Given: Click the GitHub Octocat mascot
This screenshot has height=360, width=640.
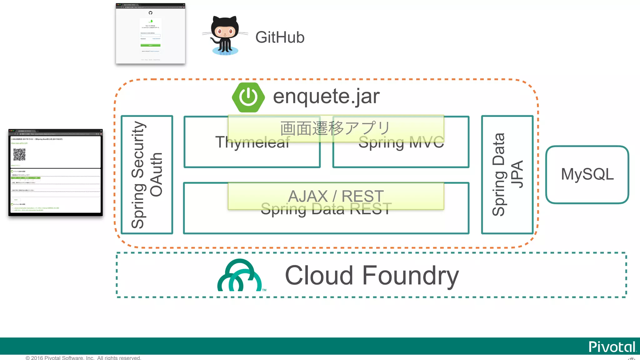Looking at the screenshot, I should pyautogui.click(x=225, y=35).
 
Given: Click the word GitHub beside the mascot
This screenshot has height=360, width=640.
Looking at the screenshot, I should pyautogui.click(x=280, y=37).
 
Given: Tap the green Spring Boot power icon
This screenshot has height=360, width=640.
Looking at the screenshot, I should pyautogui.click(x=248, y=97).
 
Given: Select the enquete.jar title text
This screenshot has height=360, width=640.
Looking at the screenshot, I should pyautogui.click(x=326, y=96).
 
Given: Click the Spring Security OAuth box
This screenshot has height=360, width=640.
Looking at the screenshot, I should pyautogui.click(x=147, y=175).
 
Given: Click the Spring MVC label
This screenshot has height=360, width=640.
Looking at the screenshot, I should pyautogui.click(x=401, y=142).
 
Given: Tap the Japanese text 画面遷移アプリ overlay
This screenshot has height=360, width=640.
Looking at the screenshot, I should pyautogui.click(x=336, y=128).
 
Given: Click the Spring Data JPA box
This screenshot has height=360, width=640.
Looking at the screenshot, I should pyautogui.click(x=507, y=175).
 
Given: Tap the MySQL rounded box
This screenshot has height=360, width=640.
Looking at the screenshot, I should pyautogui.click(x=587, y=174).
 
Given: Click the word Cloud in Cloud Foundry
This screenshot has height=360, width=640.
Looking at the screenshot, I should pyautogui.click(x=319, y=275).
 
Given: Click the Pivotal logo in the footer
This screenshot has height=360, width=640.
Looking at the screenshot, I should pyautogui.click(x=612, y=347).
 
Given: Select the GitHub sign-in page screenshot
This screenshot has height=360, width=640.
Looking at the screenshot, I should pyautogui.click(x=150, y=33).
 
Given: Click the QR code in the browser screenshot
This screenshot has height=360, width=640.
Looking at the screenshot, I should pyautogui.click(x=19, y=154).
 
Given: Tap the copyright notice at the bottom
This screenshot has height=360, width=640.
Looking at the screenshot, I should pyautogui.click(x=83, y=357).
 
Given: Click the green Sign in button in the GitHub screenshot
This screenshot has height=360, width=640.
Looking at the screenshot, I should pyautogui.click(x=150, y=45).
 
